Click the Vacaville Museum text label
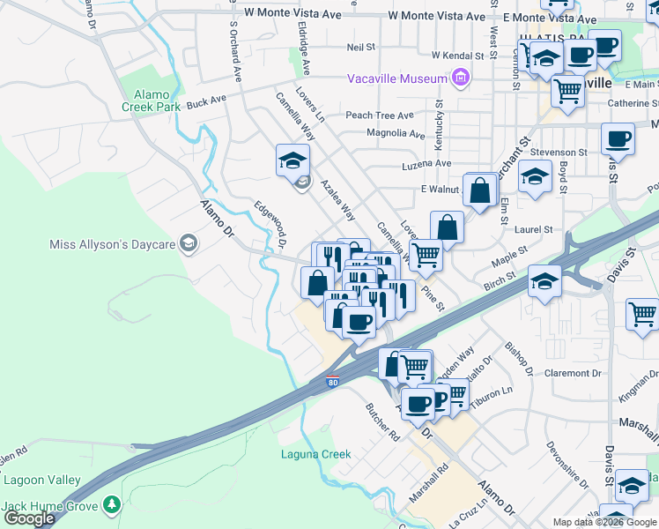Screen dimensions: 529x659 pyautogui.click(x=397, y=78)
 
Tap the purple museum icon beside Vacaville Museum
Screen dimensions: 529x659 pyautogui.click(x=459, y=79)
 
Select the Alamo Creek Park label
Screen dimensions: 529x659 pyautogui.click(x=157, y=101)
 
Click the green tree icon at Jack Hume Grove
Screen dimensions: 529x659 pyautogui.click(x=111, y=504)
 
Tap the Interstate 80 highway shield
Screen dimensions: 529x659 pyautogui.click(x=331, y=382)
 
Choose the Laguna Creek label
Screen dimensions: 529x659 pyautogui.click(x=315, y=455)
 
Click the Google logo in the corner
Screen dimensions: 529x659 pyautogui.click(x=29, y=518)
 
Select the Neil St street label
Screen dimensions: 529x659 pyautogui.click(x=361, y=47)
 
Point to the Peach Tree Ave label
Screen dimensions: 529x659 pyautogui.click(x=379, y=115)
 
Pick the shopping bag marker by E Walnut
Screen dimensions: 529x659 pyautogui.click(x=478, y=190)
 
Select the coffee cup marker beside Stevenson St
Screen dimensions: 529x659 pyautogui.click(x=618, y=138)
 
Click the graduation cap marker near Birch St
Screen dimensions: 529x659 pyautogui.click(x=544, y=281)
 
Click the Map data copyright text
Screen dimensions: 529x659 pyautogui.click(x=603, y=522)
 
